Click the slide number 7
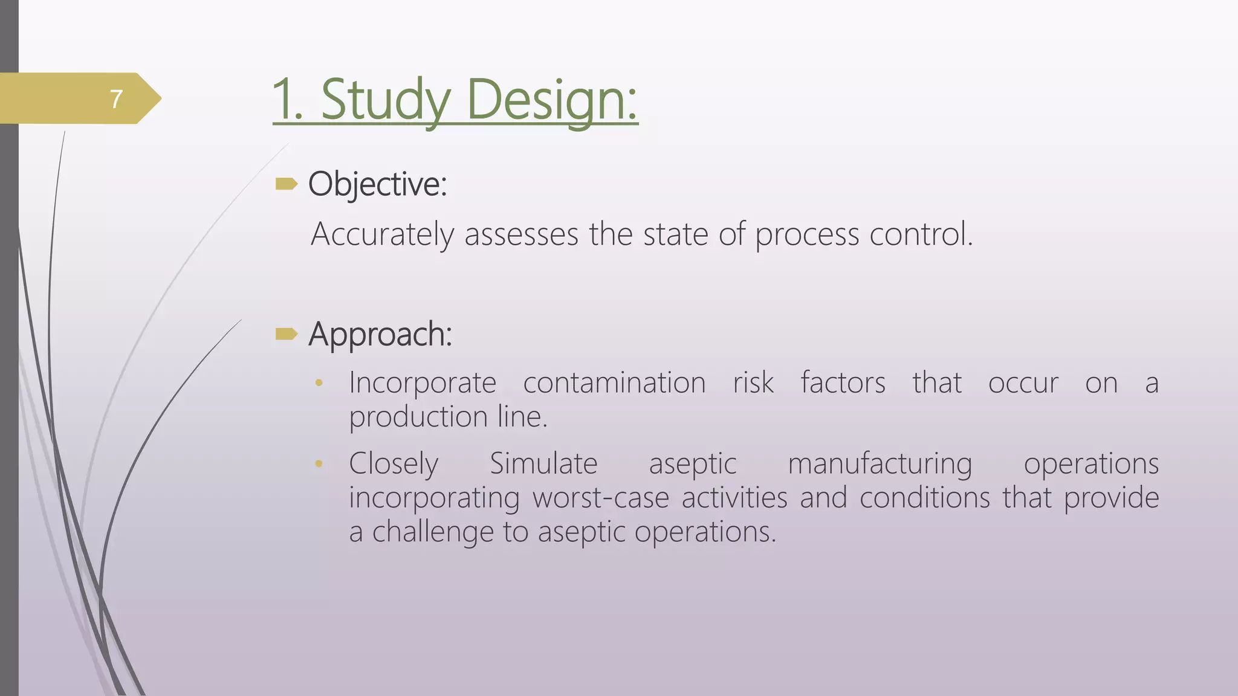click(x=117, y=99)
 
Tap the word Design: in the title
click(x=552, y=100)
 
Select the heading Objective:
click(x=378, y=184)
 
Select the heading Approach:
click(x=380, y=333)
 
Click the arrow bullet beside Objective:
click(x=287, y=184)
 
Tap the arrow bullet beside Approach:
click(x=287, y=333)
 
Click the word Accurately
click(x=382, y=234)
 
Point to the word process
click(x=807, y=234)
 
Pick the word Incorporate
click(x=423, y=383)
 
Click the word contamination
click(x=614, y=383)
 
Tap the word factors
click(x=843, y=383)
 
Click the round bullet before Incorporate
click(x=319, y=383)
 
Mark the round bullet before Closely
click(x=319, y=464)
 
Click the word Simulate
click(x=543, y=464)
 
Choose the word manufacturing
click(x=880, y=464)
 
